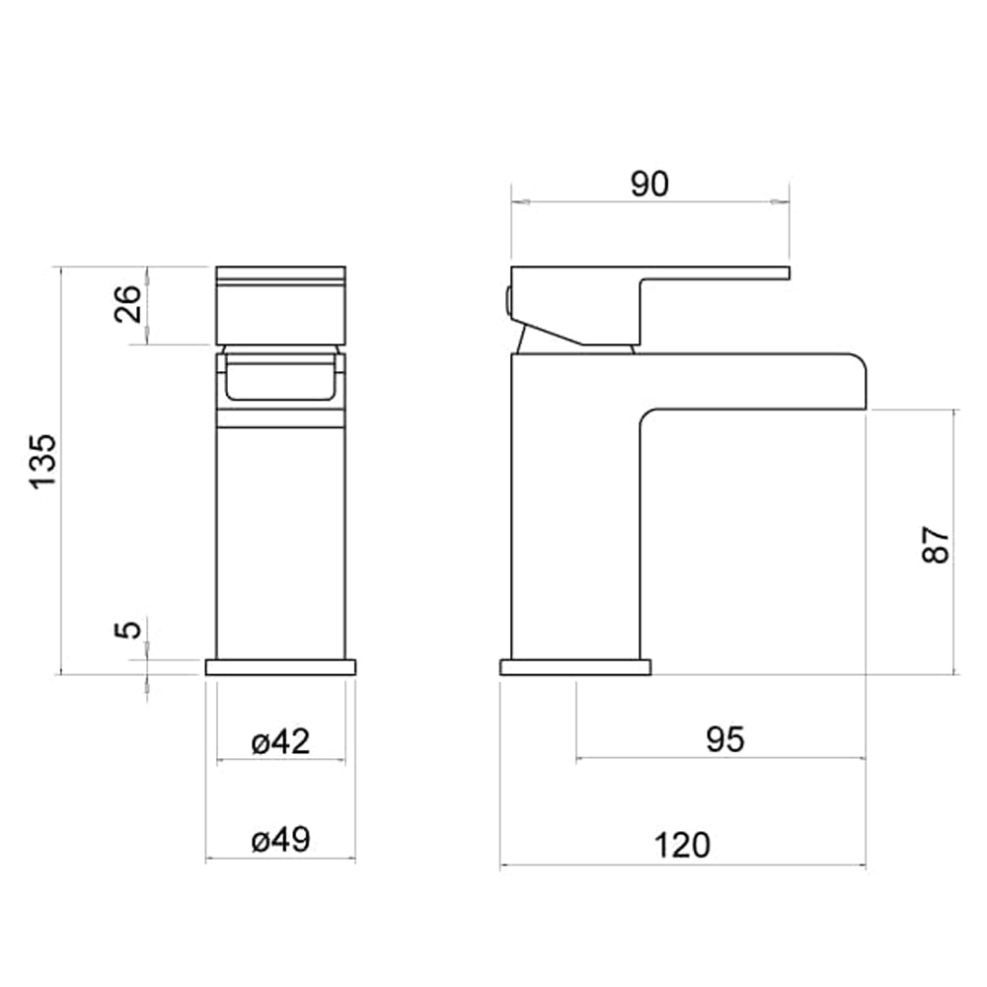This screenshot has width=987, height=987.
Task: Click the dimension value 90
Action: point(649,185)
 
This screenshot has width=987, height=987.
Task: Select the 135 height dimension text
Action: point(45,460)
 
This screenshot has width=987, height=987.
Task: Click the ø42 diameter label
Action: point(280,741)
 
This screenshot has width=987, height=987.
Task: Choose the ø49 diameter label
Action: point(280,840)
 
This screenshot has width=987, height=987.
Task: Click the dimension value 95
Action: point(725,739)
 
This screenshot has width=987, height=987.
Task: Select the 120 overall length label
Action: point(683,846)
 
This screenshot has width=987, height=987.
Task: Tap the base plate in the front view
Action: point(280,667)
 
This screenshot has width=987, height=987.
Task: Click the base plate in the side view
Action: point(575,667)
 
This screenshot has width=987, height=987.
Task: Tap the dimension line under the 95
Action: point(721,759)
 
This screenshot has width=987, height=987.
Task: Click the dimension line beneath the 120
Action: point(683,868)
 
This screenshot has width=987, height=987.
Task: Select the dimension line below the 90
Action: point(649,203)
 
